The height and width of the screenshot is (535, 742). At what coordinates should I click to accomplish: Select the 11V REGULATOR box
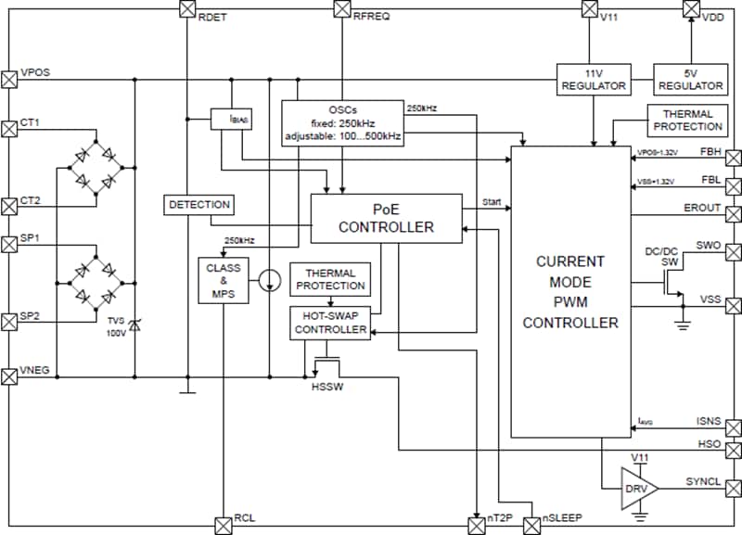[593, 79]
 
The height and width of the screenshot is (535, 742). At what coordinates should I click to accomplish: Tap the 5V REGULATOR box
[691, 79]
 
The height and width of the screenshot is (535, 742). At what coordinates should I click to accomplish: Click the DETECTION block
[198, 204]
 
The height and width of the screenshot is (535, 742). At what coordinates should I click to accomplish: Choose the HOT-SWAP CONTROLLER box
[330, 322]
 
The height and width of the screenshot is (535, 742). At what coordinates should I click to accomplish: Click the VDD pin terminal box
[690, 9]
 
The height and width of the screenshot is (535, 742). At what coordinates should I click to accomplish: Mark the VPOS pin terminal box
[10, 79]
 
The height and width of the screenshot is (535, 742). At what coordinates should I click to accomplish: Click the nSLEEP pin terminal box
[531, 525]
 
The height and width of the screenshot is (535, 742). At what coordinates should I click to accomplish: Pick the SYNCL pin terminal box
[734, 487]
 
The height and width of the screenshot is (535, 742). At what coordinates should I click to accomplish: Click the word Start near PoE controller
[493, 201]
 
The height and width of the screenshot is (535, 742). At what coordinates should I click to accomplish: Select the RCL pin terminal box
[224, 525]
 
